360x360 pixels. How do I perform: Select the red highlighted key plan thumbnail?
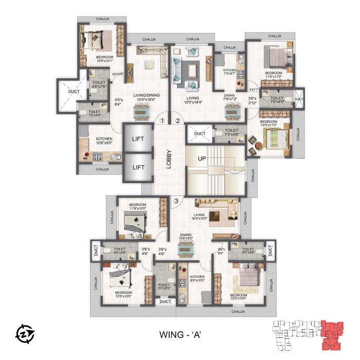[x=331, y=333]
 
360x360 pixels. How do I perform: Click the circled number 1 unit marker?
[x=162, y=121]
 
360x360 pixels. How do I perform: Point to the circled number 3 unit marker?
[x=177, y=201]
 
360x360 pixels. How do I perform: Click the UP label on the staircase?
[x=202, y=159]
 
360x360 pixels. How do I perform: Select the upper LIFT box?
[x=138, y=138]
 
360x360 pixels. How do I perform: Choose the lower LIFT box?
[x=138, y=167]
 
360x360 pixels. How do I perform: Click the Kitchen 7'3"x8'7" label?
[x=229, y=73]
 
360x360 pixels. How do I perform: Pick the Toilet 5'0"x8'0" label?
[x=164, y=286]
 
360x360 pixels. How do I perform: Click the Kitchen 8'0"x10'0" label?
[x=197, y=279]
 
